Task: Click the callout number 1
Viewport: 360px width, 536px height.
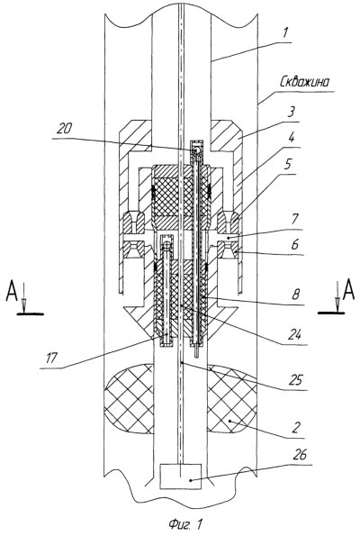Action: coord(286,33)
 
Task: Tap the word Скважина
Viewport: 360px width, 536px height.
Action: coord(305,82)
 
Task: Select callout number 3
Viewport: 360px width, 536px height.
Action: coord(291,113)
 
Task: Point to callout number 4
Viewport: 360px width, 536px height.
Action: coord(292,139)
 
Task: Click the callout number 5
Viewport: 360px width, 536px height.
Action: coord(288,165)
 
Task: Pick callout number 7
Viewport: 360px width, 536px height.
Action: coord(295,219)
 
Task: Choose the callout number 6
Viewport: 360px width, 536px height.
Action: coord(294,245)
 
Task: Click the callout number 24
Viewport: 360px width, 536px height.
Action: coord(294,335)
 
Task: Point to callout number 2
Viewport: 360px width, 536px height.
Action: coord(296,427)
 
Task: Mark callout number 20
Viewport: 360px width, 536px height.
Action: coord(65,129)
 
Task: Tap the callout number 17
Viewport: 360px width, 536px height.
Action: coord(52,358)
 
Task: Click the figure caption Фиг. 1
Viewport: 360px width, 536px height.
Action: coord(185,523)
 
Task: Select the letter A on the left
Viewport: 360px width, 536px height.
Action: coord(13,291)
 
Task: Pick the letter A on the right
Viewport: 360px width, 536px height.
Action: coord(347,290)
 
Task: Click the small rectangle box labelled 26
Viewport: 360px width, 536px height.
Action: coord(181,477)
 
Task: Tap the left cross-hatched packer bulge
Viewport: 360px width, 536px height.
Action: coord(129,399)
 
